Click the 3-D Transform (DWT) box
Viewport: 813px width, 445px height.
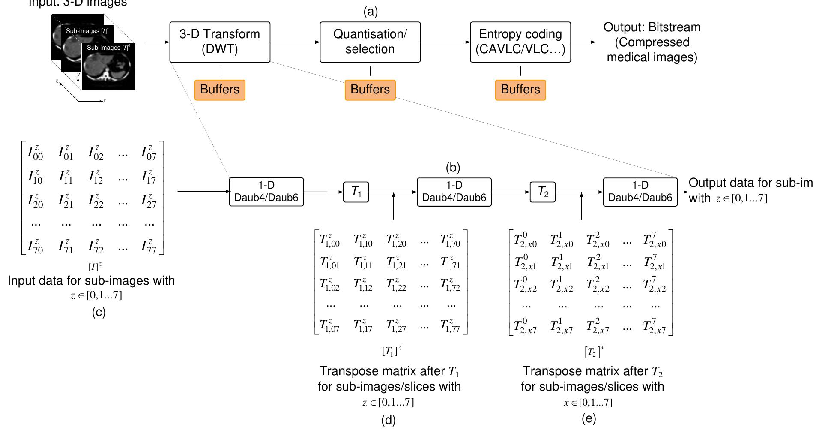coord(220,42)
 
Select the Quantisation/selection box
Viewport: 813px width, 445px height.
coord(370,42)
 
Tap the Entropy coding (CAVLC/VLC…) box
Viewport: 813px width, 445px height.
coord(520,42)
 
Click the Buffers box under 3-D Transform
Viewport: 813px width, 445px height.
coord(220,90)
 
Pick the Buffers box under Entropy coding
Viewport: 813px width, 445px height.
coord(520,90)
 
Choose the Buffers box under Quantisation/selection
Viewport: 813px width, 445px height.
coord(370,90)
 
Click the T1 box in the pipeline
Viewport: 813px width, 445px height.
coord(356,192)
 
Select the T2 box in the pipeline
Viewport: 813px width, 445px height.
coord(543,192)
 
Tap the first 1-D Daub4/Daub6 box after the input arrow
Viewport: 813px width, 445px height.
coord(266,192)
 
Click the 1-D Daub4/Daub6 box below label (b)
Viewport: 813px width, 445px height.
coord(454,192)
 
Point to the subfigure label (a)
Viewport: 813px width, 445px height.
coord(371,12)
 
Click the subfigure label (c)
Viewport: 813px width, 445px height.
coord(99,312)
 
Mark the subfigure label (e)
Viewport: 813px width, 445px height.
coord(589,418)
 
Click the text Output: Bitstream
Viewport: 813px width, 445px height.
coord(652,27)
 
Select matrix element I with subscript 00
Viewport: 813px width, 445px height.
coord(35,153)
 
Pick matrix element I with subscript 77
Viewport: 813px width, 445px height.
coord(149,247)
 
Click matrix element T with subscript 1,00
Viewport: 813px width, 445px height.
coord(329,241)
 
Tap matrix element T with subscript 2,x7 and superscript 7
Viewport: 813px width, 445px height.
coord(655,327)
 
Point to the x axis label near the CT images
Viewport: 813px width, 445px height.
coord(105,101)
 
